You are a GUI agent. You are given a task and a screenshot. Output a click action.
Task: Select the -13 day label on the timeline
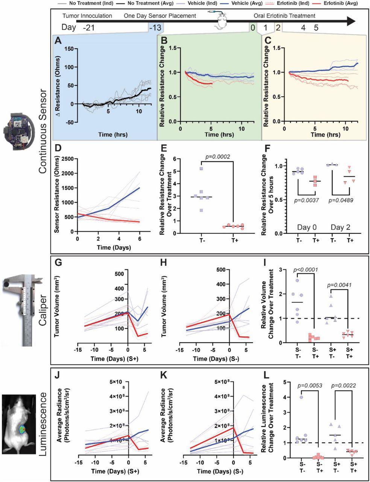coord(155,27)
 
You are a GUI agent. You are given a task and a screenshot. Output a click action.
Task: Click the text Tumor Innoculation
coord(87,16)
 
